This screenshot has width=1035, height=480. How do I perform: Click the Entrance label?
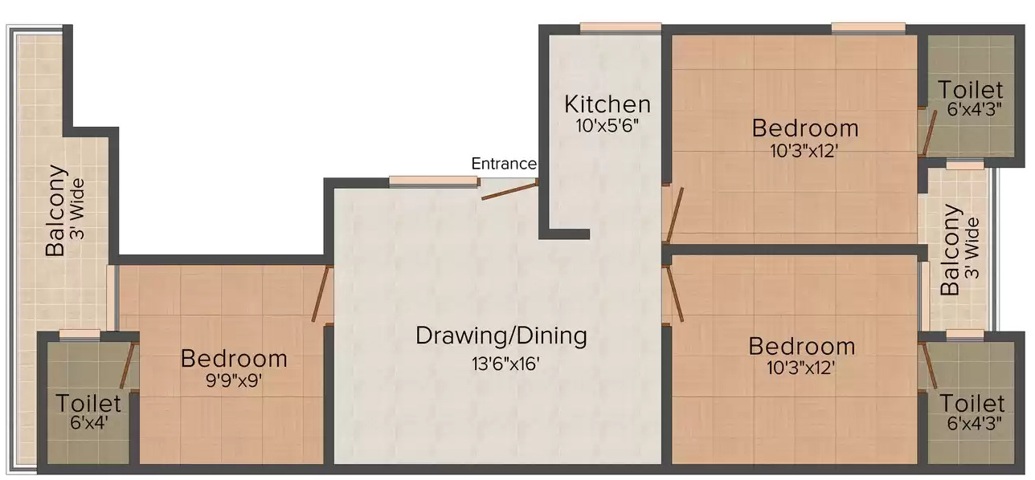point(503,164)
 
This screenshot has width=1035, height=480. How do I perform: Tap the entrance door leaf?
point(509,190)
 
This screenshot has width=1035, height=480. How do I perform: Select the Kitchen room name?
point(607,104)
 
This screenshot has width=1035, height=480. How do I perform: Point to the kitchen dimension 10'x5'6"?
point(607,126)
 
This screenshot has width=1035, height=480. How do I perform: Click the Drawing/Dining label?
point(501,336)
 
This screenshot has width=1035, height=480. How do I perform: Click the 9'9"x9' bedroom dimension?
point(233,381)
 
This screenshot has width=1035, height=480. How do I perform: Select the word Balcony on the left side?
point(55,210)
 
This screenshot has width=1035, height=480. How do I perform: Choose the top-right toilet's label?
point(971,90)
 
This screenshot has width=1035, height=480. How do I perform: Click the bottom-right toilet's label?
point(972,403)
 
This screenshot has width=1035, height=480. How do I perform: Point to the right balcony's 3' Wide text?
point(972,249)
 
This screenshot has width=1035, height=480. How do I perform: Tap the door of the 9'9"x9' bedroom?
point(322,295)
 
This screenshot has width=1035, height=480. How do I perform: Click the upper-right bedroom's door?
point(675,214)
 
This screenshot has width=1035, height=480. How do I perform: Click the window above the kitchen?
point(620,28)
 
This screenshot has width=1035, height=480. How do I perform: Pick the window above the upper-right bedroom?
point(868,28)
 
